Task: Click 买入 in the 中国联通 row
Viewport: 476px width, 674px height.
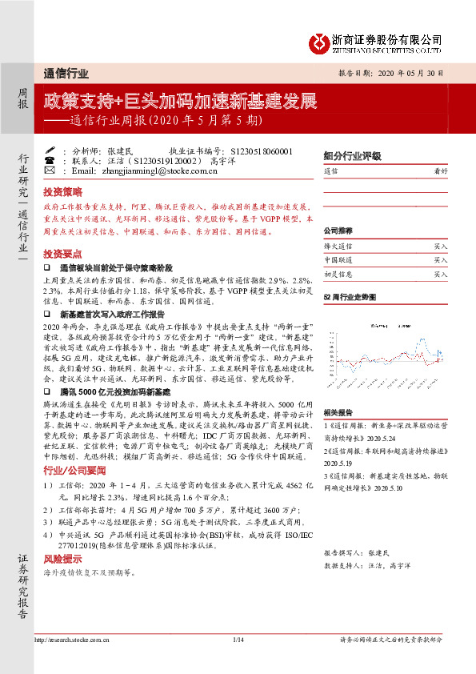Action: tap(440, 260)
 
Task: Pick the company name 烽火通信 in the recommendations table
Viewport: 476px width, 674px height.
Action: tap(338, 248)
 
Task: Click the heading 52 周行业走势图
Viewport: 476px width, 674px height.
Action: tap(349, 296)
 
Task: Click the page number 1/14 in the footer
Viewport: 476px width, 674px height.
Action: tap(237, 640)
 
